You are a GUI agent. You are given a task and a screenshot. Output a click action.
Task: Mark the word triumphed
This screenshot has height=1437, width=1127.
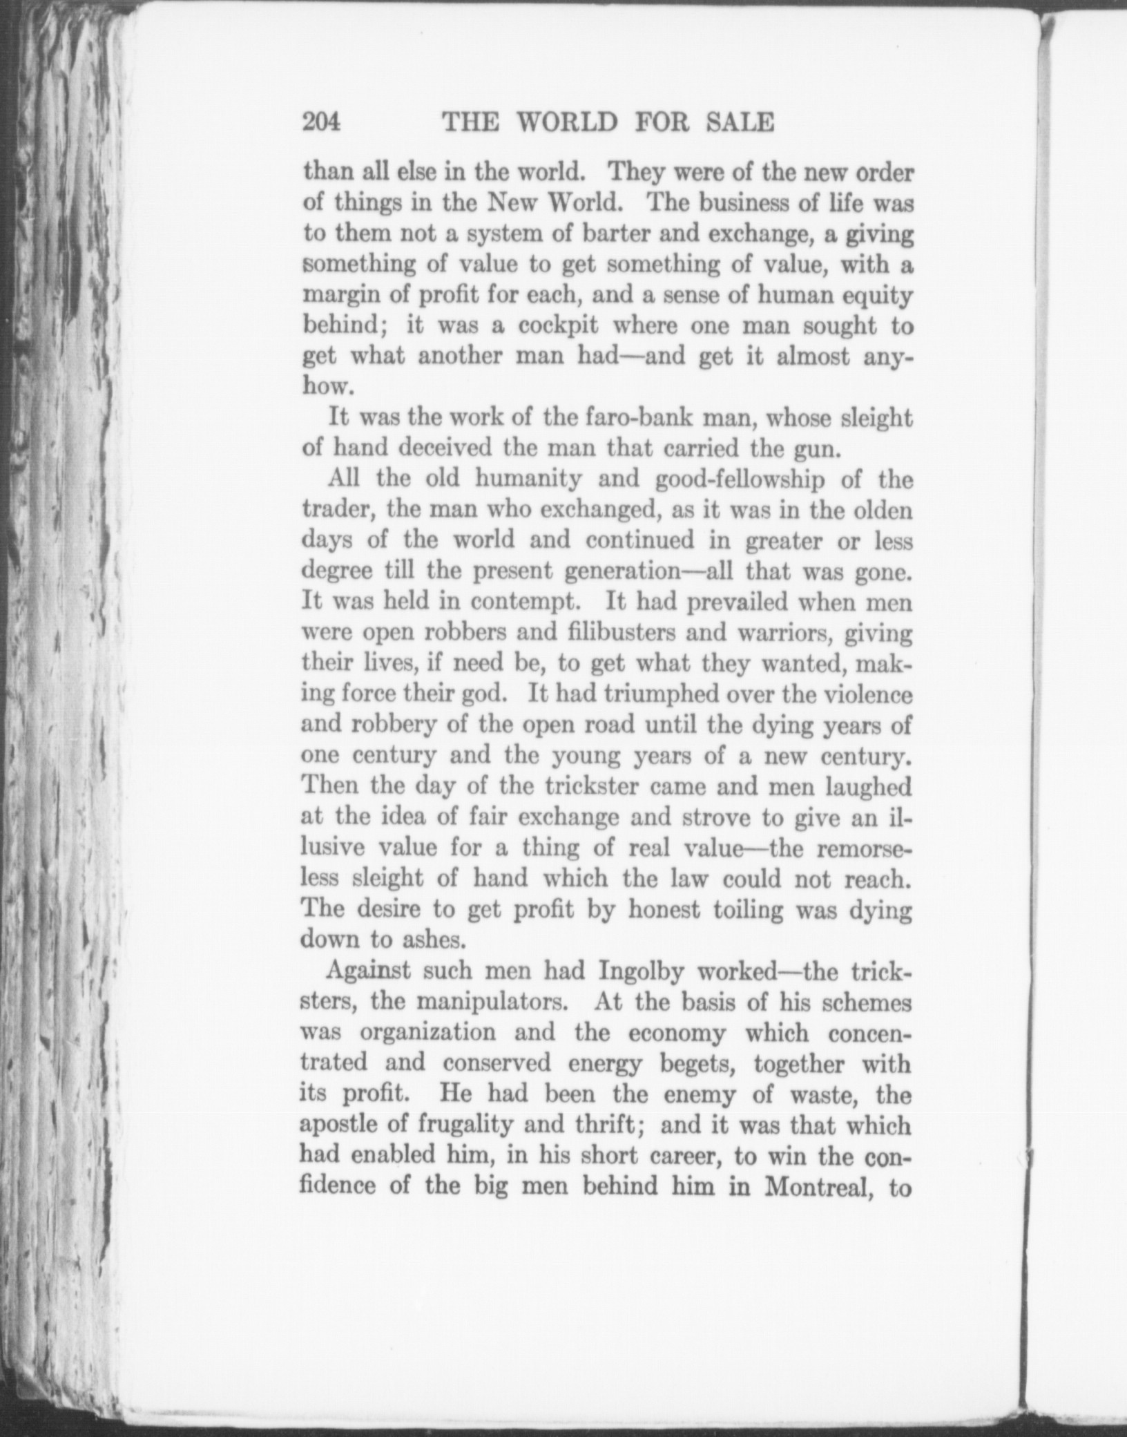point(646,693)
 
